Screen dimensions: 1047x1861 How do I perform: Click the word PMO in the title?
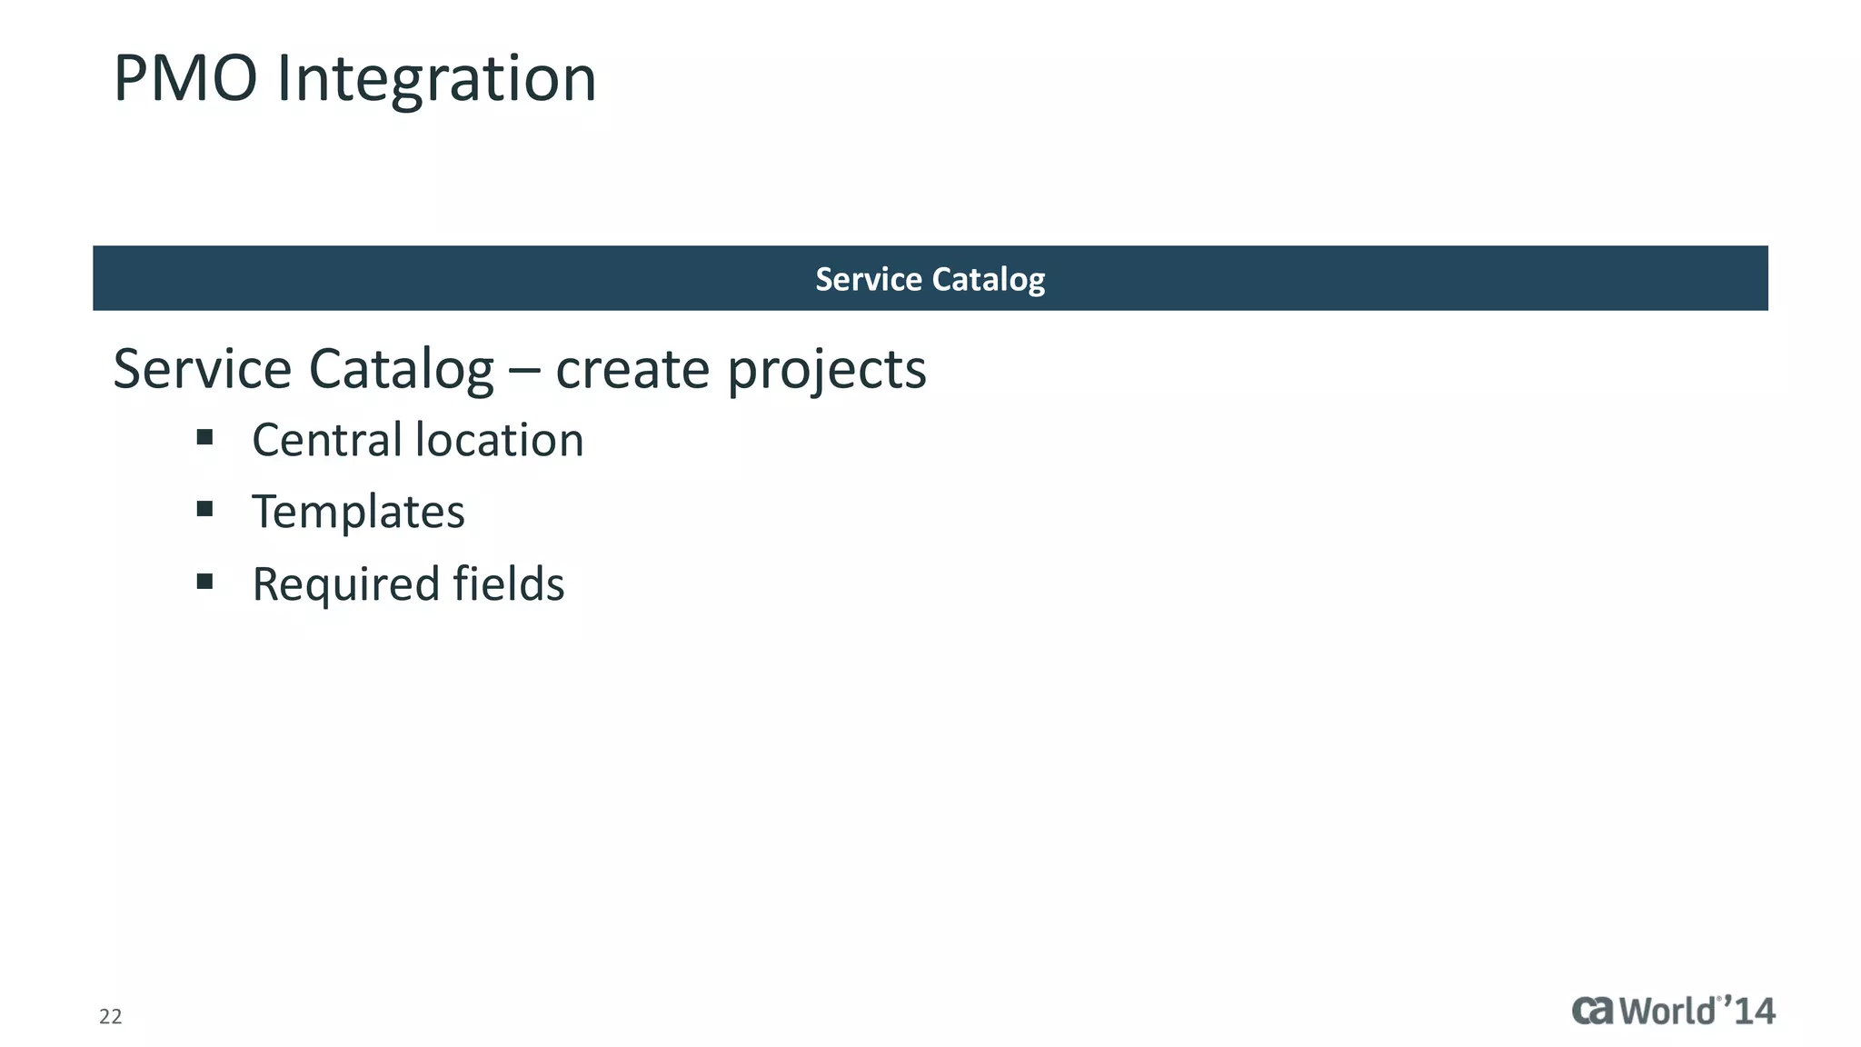[x=185, y=79]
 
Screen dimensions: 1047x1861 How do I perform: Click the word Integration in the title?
[x=436, y=79]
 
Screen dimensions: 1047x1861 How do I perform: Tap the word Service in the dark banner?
[x=856, y=279]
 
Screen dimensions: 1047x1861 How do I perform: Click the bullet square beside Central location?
[x=204, y=437]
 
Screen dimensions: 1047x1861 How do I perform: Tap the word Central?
[x=327, y=440]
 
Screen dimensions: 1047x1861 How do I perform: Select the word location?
[x=499, y=440]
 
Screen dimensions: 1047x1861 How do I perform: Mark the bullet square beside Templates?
[x=204, y=509]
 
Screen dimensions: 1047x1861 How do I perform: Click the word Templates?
[x=358, y=512]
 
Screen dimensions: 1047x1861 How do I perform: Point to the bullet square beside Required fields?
[x=204, y=581]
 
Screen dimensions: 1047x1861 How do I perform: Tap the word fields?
[x=509, y=583]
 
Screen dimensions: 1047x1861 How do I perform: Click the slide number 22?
[x=110, y=1016]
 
